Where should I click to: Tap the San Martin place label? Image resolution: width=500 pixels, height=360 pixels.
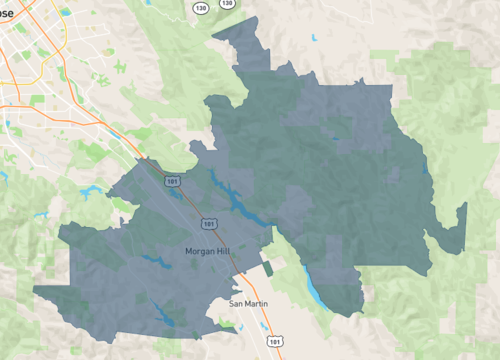pos(249,302)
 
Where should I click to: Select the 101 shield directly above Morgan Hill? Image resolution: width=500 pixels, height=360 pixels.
pos(207,223)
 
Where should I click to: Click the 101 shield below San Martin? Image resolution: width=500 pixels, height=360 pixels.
pos(274,341)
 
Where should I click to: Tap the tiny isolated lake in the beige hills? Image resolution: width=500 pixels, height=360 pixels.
pos(315,38)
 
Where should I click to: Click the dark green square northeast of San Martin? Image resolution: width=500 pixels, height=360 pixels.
pos(268,268)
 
